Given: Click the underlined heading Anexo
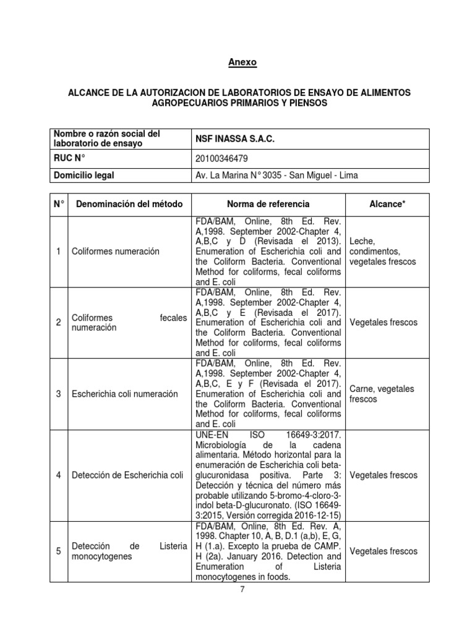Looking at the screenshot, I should click(x=242, y=62).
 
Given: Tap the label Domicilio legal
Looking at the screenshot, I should click(x=84, y=175).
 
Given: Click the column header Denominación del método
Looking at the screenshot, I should click(x=125, y=204).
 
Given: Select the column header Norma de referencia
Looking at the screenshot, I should click(x=268, y=204).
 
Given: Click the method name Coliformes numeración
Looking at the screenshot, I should click(x=115, y=251).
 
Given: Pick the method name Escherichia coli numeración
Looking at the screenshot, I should click(x=125, y=394).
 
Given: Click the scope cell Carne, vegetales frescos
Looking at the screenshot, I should click(x=382, y=394).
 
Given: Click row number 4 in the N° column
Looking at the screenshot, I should click(x=58, y=475).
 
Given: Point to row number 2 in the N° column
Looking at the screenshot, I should click(x=58, y=323).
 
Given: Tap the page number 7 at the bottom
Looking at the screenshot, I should click(x=242, y=589).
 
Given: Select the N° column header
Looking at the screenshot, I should click(x=58, y=204).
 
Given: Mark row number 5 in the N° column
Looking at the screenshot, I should click(x=58, y=551).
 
